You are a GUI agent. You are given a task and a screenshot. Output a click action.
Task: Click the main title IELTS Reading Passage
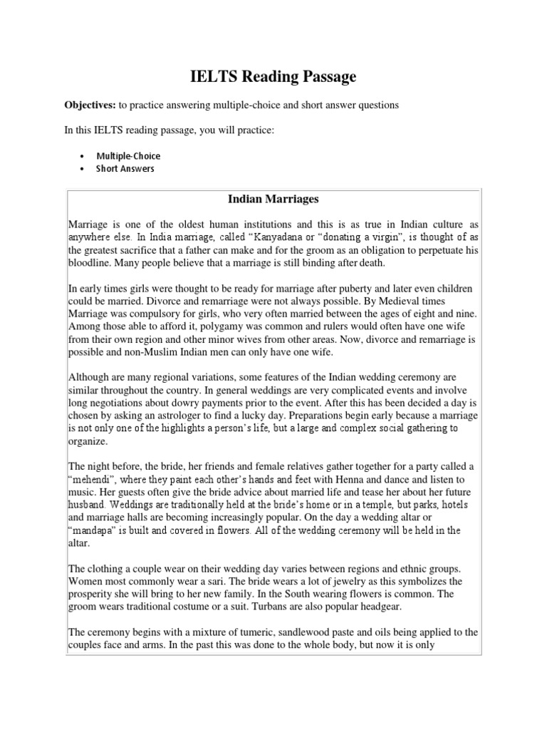[273, 76]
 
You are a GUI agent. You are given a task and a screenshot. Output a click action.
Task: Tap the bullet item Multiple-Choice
[129, 156]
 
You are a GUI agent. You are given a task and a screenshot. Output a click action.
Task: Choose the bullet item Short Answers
[125, 169]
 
